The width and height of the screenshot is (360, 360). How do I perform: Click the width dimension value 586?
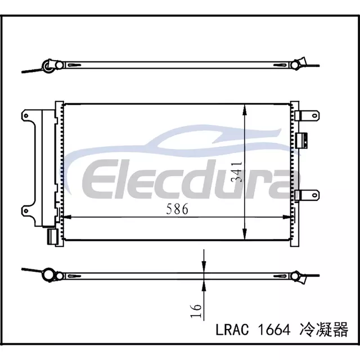[x=177, y=209]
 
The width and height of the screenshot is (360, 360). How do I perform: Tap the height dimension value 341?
[x=237, y=172]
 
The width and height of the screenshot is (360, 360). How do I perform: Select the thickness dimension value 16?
[x=196, y=311]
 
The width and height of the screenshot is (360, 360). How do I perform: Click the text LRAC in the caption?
[x=232, y=330]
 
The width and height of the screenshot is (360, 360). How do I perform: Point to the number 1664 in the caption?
[x=274, y=330]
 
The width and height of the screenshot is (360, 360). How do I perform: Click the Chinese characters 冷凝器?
[x=324, y=330]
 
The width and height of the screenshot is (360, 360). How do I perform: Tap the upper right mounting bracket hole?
[x=315, y=115]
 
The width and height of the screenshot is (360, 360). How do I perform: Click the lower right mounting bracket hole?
[x=315, y=195]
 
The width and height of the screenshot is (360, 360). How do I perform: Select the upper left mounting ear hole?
[x=26, y=116]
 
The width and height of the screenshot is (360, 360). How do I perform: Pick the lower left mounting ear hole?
[x=26, y=210]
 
